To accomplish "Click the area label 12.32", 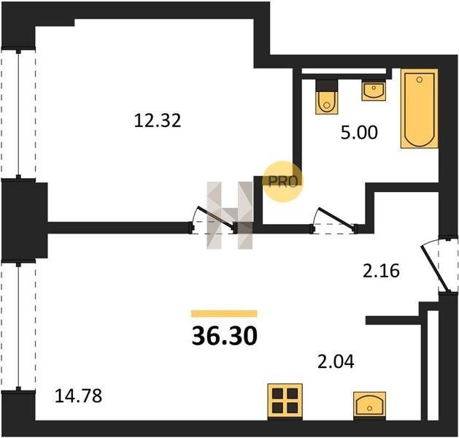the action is coord(158,120).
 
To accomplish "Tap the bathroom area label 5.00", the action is coord(359,132).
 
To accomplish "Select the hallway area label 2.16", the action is coord(381,271).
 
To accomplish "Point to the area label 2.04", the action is coord(336,361).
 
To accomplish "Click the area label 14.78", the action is coord(79,396).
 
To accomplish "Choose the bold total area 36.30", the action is coord(225,336).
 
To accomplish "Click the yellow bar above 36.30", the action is coord(224,314).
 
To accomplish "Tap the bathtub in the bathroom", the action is coord(420,109).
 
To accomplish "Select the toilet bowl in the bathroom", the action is coord(327,102).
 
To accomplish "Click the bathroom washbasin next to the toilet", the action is coord(374,91).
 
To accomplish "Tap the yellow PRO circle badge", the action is coord(282,182).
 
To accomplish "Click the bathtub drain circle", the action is coord(420,80).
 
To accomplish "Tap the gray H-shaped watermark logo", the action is coord(230,215).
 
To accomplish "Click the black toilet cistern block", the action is coord(327,85).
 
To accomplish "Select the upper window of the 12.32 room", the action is coord(18,114).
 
